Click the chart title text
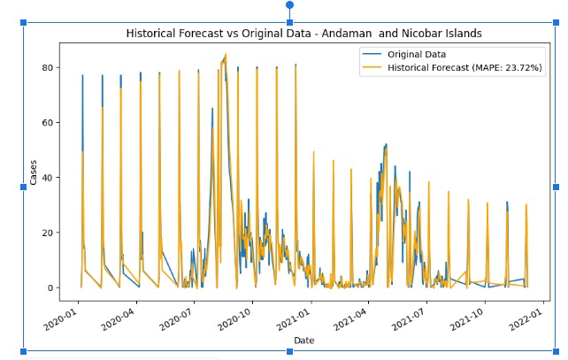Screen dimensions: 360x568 coord(303,34)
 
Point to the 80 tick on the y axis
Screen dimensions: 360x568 coord(49,68)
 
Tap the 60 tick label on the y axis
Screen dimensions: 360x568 coord(49,123)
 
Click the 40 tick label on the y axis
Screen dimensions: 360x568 coord(49,178)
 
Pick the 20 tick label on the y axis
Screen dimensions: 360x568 coord(49,233)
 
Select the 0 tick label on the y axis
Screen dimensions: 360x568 coord(51,287)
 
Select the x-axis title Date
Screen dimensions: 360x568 coord(303,340)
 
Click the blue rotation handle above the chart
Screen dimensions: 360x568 coord(289,5)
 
